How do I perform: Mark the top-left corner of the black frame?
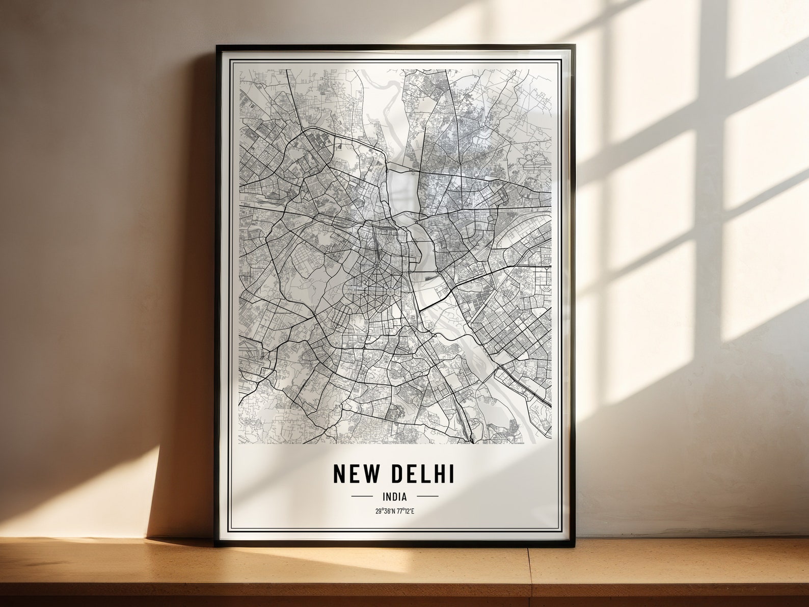(217, 46)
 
